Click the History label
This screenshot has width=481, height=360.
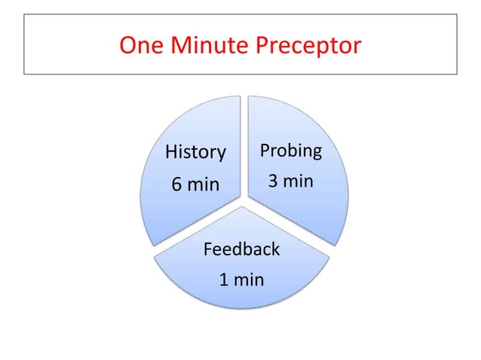195,153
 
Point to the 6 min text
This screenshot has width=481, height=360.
195,184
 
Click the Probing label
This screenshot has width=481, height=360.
291,151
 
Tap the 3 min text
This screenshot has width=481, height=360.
291,182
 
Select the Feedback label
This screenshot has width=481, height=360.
242,249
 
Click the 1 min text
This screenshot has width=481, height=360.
241,281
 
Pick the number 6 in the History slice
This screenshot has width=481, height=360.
177,185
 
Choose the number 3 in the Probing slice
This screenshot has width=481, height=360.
274,182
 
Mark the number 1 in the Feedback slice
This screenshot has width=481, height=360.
224,281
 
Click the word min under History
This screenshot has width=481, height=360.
204,185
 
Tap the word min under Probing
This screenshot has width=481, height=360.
300,182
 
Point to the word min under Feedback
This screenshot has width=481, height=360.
250,281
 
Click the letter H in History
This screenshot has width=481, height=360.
170,153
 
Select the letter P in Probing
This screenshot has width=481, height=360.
265,151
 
